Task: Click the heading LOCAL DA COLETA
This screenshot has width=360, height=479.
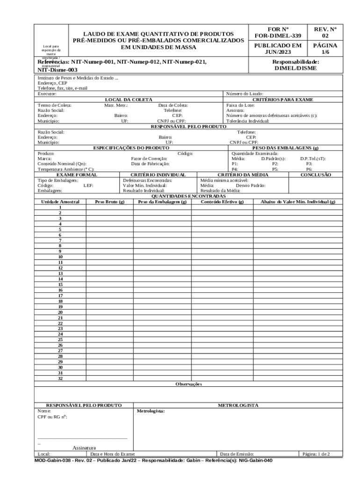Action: coord(129,100)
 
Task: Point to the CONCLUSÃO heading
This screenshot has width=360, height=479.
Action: coord(316,174)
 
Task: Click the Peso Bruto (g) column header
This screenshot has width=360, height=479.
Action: coord(110,202)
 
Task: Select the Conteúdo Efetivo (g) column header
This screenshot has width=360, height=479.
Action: coord(222,202)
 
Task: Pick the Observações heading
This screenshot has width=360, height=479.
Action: coord(188,384)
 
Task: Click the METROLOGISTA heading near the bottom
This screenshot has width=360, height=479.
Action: coord(238,405)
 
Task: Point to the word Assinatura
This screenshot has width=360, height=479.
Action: coord(84,448)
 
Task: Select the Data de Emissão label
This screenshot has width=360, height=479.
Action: coord(237,454)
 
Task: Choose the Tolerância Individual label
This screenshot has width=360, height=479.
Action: coord(248,121)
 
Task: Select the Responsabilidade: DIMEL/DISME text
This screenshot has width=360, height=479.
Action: coord(295,65)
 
